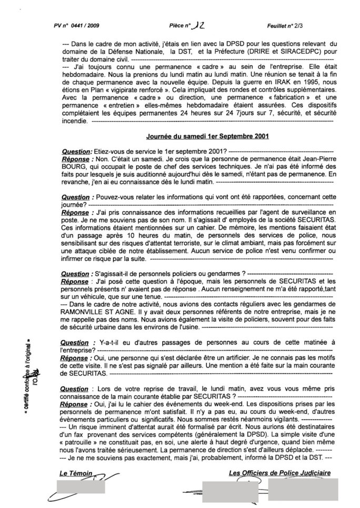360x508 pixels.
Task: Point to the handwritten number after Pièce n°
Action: pyautogui.click(x=198, y=24)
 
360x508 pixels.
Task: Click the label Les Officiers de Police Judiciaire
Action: pyautogui.click(x=280, y=474)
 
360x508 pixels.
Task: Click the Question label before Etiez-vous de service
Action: pyautogui.click(x=76, y=151)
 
